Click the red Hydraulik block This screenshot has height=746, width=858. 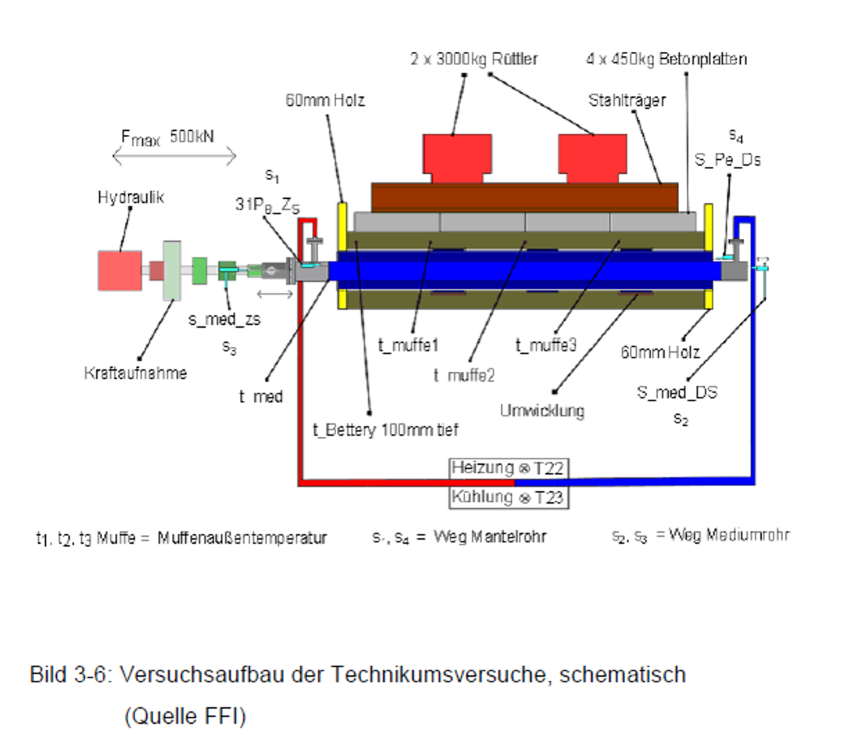click(120, 270)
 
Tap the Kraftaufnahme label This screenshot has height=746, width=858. click(135, 373)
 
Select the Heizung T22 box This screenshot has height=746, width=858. click(508, 468)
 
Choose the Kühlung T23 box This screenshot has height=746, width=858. click(508, 497)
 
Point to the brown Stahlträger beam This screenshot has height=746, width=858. click(525, 197)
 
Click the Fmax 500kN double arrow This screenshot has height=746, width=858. click(175, 157)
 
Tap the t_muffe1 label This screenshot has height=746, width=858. click(408, 345)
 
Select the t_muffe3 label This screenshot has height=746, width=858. click(545, 345)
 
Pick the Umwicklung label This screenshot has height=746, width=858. click(542, 411)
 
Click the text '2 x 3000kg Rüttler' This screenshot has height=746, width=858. click(473, 59)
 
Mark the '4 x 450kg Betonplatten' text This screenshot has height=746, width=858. click(666, 59)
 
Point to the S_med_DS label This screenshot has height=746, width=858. click(677, 393)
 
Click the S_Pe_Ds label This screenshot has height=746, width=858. click(728, 160)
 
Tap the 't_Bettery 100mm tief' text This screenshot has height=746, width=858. click(385, 430)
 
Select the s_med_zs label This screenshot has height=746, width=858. click(224, 319)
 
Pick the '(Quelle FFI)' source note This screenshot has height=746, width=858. click(185, 716)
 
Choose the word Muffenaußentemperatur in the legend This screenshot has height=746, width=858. click(242, 538)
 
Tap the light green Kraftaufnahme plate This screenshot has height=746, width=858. click(171, 271)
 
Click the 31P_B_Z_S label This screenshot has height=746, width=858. click(267, 204)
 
